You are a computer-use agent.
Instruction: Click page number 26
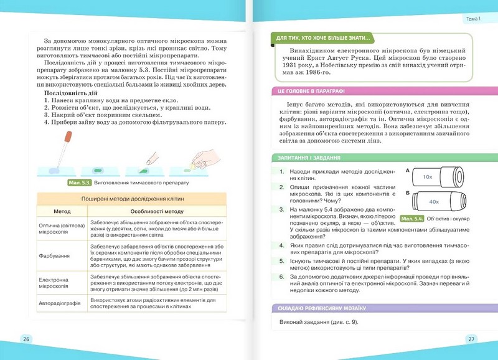(26, 339)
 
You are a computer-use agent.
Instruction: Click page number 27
(471, 339)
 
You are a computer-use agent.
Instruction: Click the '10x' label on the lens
(427, 177)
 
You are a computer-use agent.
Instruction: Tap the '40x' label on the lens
(434, 202)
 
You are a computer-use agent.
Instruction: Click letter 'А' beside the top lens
(407, 169)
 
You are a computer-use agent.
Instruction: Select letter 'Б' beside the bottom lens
(407, 194)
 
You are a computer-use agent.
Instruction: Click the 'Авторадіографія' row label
(62, 303)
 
